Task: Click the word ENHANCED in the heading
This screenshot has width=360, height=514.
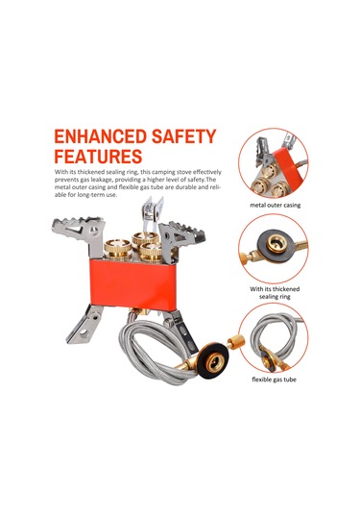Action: pyautogui.click(x=101, y=136)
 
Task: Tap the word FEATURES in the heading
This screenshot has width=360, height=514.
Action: pyautogui.click(x=98, y=156)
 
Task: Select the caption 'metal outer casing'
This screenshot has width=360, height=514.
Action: pyautogui.click(x=276, y=206)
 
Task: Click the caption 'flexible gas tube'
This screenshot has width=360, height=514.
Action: pyautogui.click(x=275, y=379)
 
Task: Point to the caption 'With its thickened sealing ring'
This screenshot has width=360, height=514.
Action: pyautogui.click(x=275, y=293)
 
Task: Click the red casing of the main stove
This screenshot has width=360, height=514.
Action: pyautogui.click(x=133, y=283)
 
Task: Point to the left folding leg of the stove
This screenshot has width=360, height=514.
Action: pyautogui.click(x=84, y=325)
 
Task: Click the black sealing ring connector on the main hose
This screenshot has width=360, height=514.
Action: pyautogui.click(x=214, y=360)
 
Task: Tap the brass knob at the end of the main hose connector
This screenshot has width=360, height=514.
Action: pyautogui.click(x=236, y=342)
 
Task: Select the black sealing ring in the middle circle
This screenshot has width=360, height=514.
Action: pyautogui.click(x=276, y=244)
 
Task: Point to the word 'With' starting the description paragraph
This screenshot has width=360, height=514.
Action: pyautogui.click(x=60, y=172)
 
